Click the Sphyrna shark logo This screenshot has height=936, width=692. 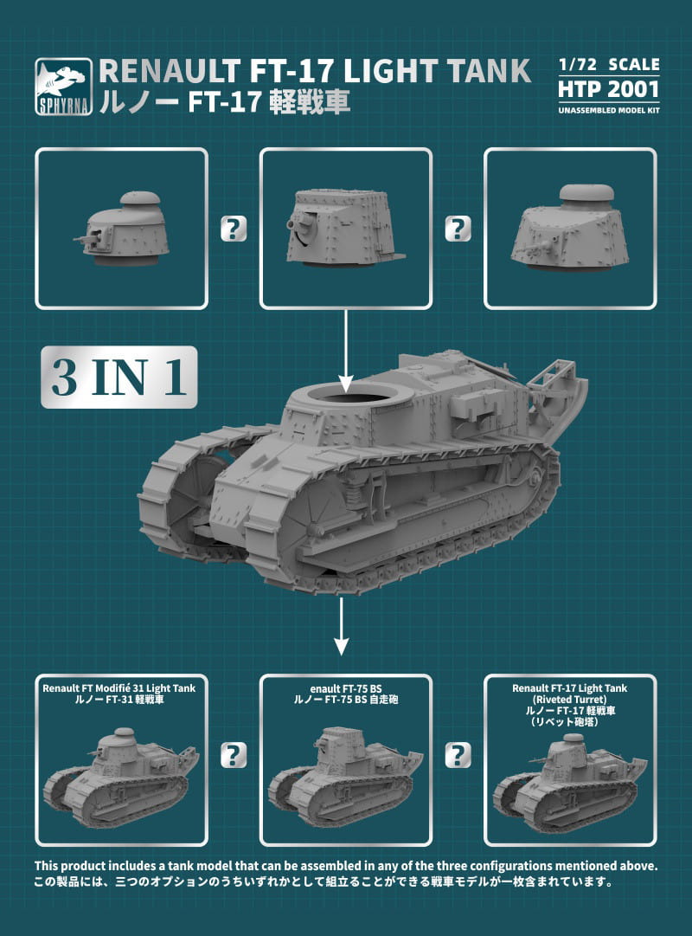click(64, 86)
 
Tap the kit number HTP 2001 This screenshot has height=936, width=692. click(608, 89)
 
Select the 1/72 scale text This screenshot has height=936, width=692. click(609, 64)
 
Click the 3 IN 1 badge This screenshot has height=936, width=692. click(119, 378)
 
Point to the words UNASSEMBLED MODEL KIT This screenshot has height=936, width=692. click(609, 111)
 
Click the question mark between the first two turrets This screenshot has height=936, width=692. click(234, 229)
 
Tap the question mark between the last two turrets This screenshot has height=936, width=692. click(458, 229)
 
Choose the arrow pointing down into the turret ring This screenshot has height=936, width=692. click(346, 352)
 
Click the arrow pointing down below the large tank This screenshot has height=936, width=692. click(341, 626)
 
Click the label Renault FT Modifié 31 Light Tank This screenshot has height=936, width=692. click(119, 688)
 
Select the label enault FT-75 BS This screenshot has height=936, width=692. click(346, 689)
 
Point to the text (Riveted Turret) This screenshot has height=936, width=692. click(570, 699)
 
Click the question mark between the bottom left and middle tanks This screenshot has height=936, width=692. click(234, 756)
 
